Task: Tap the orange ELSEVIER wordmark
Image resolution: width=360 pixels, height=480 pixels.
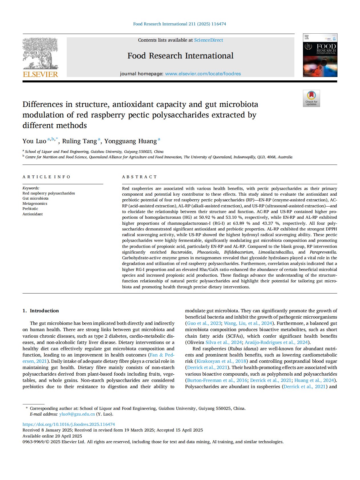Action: pyautogui.click(x=40, y=74)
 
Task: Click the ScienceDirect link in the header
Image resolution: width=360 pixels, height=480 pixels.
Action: pyautogui.click(x=209, y=40)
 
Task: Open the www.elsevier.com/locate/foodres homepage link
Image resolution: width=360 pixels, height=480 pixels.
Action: pyautogui.click(x=203, y=74)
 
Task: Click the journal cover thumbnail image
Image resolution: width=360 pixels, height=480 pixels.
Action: pyautogui.click(x=320, y=55)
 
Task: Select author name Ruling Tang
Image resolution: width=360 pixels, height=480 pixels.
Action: pyautogui.click(x=80, y=141)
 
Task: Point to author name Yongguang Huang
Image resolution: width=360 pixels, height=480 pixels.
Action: pyautogui.click(x=130, y=141)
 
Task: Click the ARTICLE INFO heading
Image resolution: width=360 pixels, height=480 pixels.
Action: pyautogui.click(x=46, y=177)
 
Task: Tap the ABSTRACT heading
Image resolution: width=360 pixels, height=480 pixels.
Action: pyautogui.click(x=139, y=177)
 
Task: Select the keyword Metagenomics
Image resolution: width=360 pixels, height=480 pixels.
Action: pyautogui.click(x=35, y=204)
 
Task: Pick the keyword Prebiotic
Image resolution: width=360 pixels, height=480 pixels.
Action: pyautogui.click(x=30, y=209)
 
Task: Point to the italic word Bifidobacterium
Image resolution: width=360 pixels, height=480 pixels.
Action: pyautogui.click(x=238, y=252)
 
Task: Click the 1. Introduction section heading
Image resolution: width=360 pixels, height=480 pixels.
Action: pyautogui.click(x=41, y=311)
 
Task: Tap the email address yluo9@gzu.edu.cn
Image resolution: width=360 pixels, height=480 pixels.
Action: pyautogui.click(x=77, y=414)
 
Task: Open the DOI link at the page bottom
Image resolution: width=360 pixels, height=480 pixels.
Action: pyautogui.click(x=69, y=424)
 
